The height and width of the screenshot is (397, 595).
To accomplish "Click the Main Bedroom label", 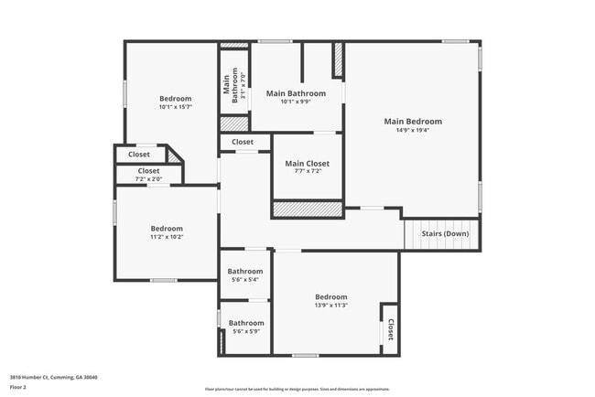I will (413, 122).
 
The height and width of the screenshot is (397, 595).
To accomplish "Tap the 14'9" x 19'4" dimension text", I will (413, 132).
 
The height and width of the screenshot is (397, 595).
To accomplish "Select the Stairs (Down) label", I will (445, 233).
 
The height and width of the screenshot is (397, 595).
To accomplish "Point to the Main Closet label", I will (307, 164).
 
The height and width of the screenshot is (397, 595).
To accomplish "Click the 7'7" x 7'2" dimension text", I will (307, 173).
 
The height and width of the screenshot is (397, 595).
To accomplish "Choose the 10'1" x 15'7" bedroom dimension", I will (175, 108).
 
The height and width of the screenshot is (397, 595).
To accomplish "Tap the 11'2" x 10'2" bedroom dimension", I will (167, 238).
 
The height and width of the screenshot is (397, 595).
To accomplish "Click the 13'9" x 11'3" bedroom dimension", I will (330, 306).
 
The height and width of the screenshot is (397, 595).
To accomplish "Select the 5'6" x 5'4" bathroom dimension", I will (245, 280).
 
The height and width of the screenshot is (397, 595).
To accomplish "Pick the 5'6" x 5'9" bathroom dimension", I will (245, 332).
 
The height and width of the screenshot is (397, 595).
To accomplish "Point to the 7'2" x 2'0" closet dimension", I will (149, 178).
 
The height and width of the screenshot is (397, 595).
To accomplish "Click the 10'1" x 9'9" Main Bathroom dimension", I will (296, 102).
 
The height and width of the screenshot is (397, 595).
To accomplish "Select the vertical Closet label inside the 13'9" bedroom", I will (390, 328).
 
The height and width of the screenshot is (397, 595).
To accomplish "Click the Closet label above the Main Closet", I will (243, 142).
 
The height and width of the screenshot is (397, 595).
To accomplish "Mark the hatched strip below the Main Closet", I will (308, 210).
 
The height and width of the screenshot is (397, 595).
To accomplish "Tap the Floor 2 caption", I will (18, 388).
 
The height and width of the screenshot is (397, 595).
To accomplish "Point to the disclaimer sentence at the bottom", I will (297, 388).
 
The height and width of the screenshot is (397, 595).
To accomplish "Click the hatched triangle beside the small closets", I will (174, 156).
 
